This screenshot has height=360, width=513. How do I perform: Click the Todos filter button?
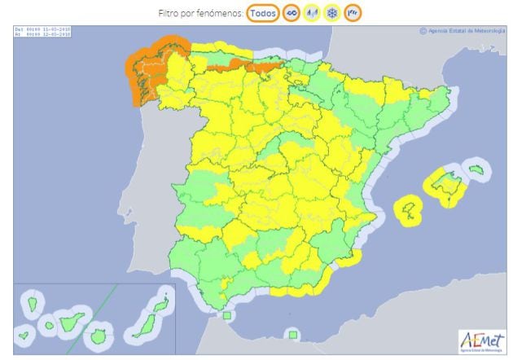(261, 13)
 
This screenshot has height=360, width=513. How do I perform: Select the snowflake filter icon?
(333, 13)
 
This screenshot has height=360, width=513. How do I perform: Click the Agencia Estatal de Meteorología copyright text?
(462, 32)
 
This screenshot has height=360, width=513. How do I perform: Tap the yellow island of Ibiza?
(410, 209)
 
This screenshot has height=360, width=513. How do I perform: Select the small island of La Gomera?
(49, 326)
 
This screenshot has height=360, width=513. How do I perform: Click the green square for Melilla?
(291, 333)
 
